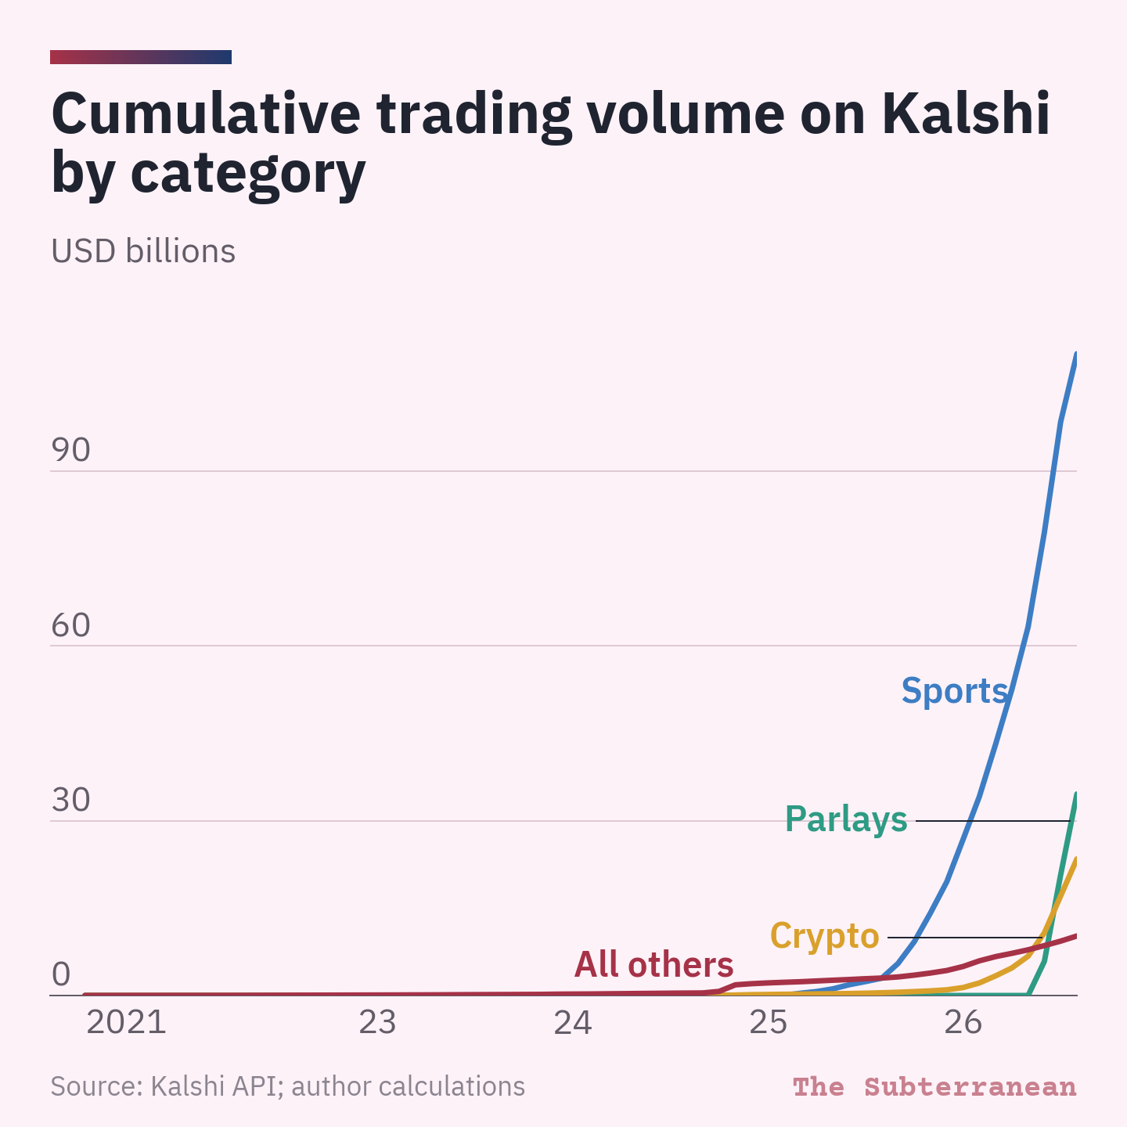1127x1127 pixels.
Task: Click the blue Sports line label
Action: point(955,691)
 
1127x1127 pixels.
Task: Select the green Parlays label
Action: point(846,819)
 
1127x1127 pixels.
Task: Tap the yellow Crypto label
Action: point(825,936)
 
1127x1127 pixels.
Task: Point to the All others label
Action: point(654,964)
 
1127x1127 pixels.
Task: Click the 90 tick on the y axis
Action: point(70,450)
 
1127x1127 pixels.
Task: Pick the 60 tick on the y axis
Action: point(70,625)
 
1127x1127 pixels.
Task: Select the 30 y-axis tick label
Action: point(70,800)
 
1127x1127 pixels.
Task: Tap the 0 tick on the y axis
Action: point(61,974)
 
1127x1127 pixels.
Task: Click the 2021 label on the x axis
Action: point(126,1023)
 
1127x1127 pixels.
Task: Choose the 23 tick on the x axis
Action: point(377,1023)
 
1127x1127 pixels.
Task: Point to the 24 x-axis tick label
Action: point(573,1023)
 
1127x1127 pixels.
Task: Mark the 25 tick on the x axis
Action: point(768,1023)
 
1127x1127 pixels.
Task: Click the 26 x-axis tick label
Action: point(963,1023)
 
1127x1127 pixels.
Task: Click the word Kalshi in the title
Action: point(966,113)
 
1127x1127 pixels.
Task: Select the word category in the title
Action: point(248,175)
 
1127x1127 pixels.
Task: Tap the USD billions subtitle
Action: point(143,251)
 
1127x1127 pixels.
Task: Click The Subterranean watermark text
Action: point(934,1086)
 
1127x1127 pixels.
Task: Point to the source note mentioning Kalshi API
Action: point(288,1086)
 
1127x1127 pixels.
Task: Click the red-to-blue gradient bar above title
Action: point(141,57)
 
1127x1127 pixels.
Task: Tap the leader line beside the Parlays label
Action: point(992,821)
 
